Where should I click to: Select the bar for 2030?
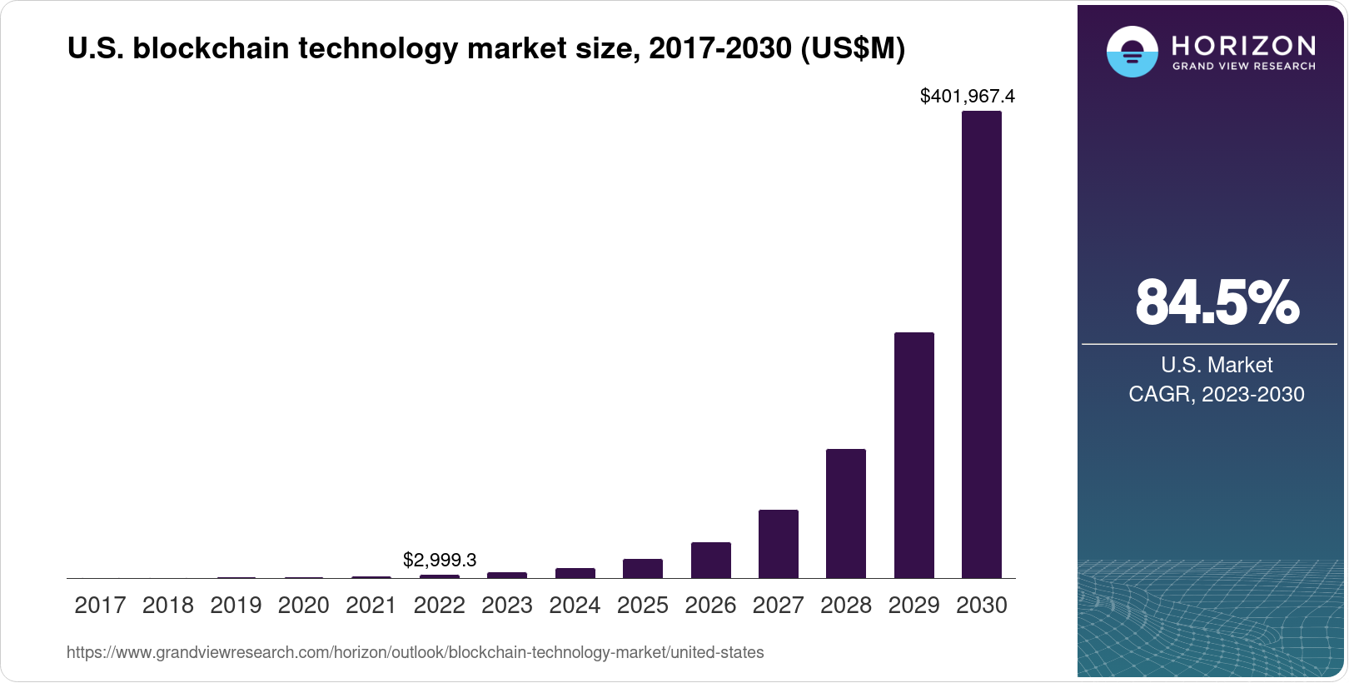click(982, 344)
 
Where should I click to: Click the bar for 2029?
click(914, 455)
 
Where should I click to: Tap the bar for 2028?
click(846, 513)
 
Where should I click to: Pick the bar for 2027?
click(779, 544)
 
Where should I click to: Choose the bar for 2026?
click(711, 560)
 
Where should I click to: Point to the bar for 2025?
click(643, 568)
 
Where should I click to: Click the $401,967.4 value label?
click(967, 97)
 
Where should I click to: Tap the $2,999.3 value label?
click(440, 560)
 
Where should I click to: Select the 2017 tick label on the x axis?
click(100, 606)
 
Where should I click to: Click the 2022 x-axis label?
click(439, 606)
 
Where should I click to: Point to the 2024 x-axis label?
click(575, 606)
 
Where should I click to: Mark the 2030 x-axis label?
click(982, 606)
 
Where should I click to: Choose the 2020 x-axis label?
click(303, 606)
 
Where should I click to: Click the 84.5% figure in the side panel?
click(1217, 302)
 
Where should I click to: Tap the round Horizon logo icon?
click(1132, 52)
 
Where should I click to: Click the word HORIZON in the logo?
click(1244, 45)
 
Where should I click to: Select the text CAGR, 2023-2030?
click(1217, 394)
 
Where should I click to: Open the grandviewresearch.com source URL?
click(415, 652)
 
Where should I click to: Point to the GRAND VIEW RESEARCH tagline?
click(1244, 66)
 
